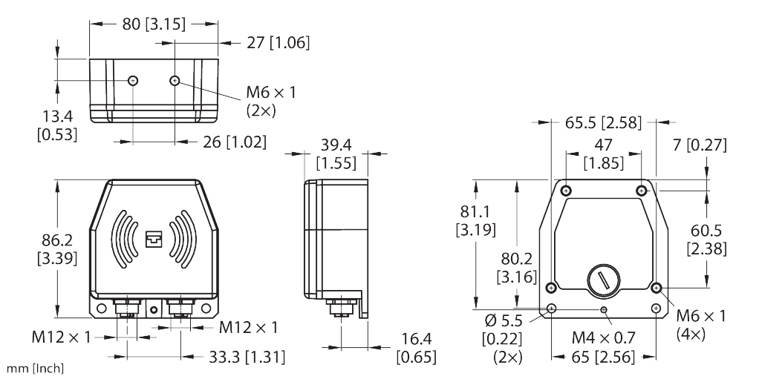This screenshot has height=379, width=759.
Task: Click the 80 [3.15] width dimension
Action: (154, 24)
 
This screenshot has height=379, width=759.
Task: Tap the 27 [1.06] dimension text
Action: (278, 43)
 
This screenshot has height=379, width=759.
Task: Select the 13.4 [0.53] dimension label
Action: (57, 125)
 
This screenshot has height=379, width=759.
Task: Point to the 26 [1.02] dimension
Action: (234, 142)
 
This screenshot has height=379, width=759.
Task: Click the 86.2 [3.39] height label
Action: (57, 249)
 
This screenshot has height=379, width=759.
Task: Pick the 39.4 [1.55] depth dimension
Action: (336, 154)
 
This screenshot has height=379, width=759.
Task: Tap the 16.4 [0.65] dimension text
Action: (417, 348)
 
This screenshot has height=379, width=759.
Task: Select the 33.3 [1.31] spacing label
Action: (247, 357)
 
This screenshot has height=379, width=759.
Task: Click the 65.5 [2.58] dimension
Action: (603, 123)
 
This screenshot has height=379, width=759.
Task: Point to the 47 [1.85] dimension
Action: (603, 154)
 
